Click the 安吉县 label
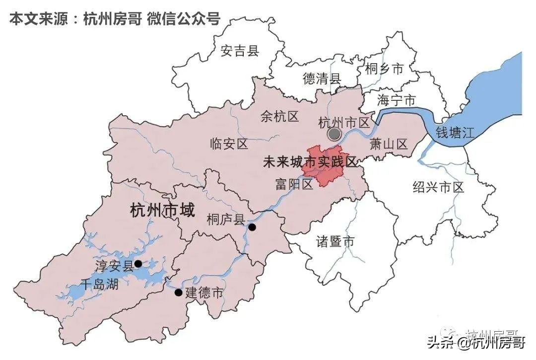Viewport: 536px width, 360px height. [x=240, y=51]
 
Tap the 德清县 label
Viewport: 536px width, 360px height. [x=322, y=78]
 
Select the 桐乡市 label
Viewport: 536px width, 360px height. [x=384, y=69]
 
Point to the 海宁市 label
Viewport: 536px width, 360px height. [x=396, y=100]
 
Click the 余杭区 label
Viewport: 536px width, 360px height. [x=279, y=117]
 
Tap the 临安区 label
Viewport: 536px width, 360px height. [x=229, y=144]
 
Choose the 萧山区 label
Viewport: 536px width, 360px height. [x=389, y=144]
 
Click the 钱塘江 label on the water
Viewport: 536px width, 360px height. [x=455, y=133]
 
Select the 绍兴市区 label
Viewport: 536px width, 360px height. [x=438, y=187]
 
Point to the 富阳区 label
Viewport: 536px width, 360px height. [x=294, y=185]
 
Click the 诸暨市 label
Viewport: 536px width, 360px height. [x=335, y=242]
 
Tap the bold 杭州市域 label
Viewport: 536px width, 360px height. [x=162, y=211]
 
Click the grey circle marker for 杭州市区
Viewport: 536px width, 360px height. [x=335, y=134]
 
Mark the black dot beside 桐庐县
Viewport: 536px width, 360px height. [x=252, y=227]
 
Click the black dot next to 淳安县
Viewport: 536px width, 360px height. [x=138, y=264]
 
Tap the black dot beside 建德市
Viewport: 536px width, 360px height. [x=178, y=292]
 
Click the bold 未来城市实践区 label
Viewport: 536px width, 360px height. [x=310, y=162]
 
